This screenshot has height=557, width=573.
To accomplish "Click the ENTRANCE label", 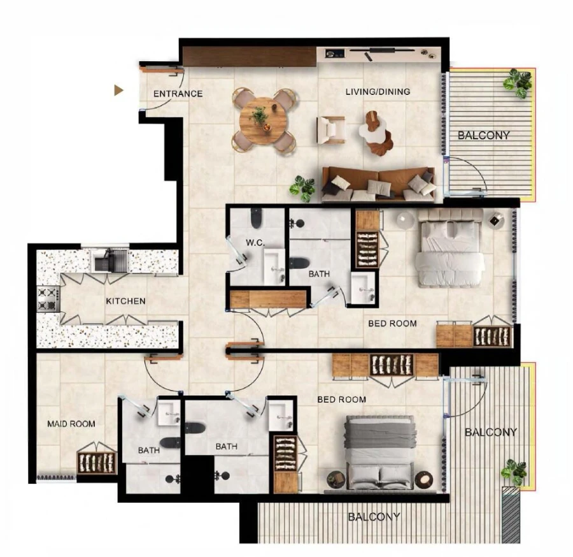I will (178, 94).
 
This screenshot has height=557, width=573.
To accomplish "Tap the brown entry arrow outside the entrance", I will (118, 90).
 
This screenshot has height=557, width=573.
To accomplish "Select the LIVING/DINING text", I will (378, 92).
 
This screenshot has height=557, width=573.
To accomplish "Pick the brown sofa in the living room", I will (378, 184).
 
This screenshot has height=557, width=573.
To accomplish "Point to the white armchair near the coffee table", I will (331, 130).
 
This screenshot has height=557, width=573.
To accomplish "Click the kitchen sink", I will (108, 261).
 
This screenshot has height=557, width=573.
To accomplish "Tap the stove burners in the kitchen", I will (48, 299).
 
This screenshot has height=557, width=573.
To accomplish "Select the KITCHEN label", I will (125, 301).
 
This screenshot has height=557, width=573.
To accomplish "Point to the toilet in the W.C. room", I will (256, 219).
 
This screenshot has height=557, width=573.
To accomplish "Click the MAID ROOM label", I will (71, 424).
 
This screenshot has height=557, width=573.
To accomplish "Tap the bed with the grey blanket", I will (379, 454).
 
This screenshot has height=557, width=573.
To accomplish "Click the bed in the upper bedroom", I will (449, 249).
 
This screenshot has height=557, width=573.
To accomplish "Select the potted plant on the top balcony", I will (518, 82).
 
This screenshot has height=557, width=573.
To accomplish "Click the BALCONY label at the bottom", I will (374, 517).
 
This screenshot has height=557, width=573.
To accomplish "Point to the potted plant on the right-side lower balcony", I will (514, 472).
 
